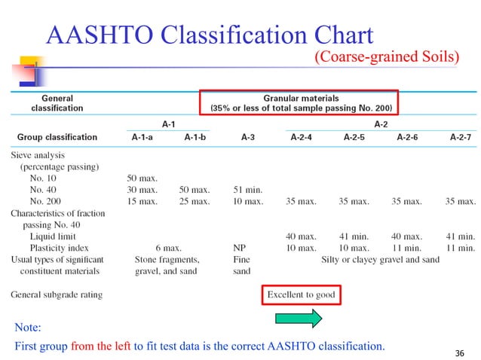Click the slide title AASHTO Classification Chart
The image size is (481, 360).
point(210,35)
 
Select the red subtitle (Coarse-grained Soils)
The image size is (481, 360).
point(385,57)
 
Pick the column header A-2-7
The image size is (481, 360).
point(463,137)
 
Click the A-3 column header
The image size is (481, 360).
point(247,137)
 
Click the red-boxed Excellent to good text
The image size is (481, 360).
point(302,294)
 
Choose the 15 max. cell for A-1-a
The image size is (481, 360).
point(142,201)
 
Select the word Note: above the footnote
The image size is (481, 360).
point(28,328)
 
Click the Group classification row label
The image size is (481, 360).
point(57,137)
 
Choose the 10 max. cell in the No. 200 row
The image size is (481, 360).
point(248,201)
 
